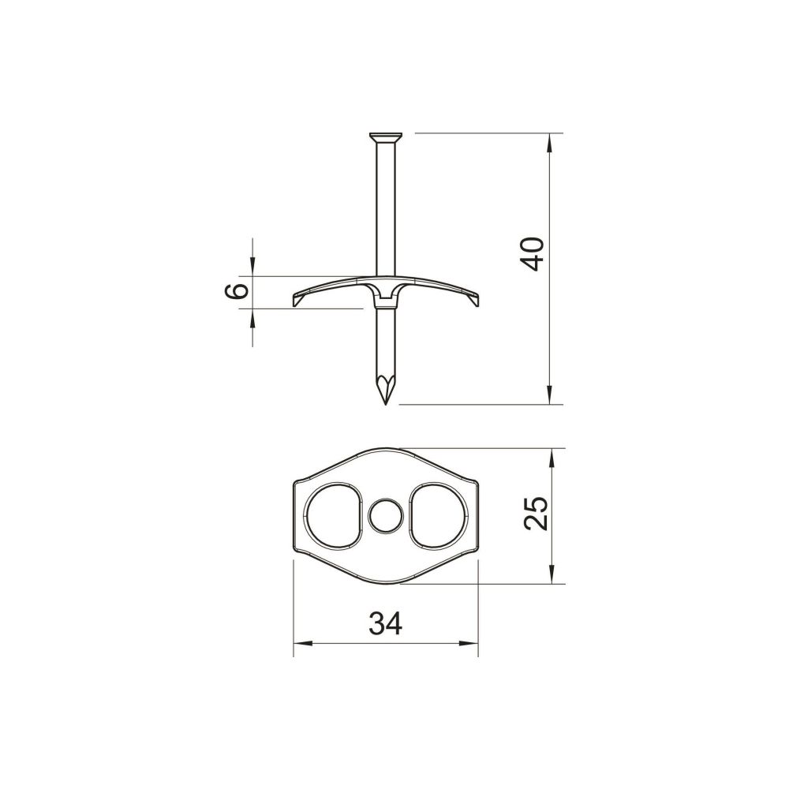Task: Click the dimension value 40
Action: click(533, 254)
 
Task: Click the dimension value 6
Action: click(235, 291)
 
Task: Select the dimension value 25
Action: click(535, 514)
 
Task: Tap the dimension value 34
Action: click(386, 623)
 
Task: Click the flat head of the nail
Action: click(386, 136)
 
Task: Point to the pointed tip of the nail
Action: click(386, 403)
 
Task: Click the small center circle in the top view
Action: click(386, 516)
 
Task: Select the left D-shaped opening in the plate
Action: click(334, 516)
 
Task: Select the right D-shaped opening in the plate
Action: click(439, 516)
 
